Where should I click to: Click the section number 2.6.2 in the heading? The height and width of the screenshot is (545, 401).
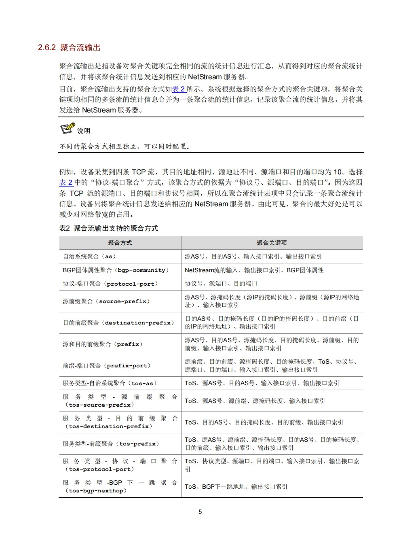click(x=46, y=48)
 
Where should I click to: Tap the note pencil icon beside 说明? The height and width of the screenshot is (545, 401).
click(x=67, y=129)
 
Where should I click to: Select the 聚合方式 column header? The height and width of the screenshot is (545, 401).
click(x=120, y=243)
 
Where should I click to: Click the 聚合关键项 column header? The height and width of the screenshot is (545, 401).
click(x=272, y=243)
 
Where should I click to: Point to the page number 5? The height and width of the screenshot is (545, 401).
click(x=200, y=512)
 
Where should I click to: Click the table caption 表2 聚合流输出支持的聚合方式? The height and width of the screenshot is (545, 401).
click(x=109, y=228)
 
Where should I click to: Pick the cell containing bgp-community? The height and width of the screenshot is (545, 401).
click(x=116, y=270)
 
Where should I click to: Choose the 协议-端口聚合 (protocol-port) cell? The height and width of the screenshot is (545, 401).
click(x=110, y=284)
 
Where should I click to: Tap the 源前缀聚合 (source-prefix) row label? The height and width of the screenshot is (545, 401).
click(x=106, y=301)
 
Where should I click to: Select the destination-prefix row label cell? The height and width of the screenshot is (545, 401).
click(x=118, y=323)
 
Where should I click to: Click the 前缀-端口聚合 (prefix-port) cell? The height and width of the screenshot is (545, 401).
click(x=107, y=366)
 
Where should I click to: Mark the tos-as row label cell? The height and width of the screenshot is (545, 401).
click(x=110, y=383)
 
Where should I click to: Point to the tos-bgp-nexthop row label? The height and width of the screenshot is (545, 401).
click(x=120, y=487)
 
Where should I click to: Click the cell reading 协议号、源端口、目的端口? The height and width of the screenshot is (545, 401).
click(x=221, y=284)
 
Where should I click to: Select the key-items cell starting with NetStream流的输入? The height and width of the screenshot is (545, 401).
click(x=254, y=270)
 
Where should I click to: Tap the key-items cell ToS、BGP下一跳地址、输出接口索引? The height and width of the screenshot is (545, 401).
click(x=236, y=487)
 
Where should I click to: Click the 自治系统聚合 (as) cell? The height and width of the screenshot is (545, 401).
click(x=89, y=257)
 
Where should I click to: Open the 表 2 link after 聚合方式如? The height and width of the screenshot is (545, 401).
click(x=179, y=89)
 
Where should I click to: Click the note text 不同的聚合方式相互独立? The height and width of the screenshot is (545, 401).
click(x=125, y=146)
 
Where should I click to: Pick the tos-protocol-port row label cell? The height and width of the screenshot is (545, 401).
click(x=120, y=465)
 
